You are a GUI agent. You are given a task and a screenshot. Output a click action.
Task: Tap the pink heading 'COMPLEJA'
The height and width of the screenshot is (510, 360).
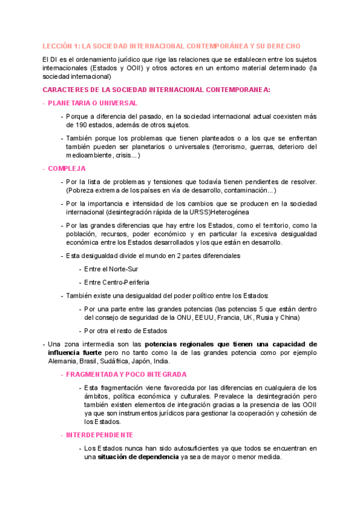click(67, 168)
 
